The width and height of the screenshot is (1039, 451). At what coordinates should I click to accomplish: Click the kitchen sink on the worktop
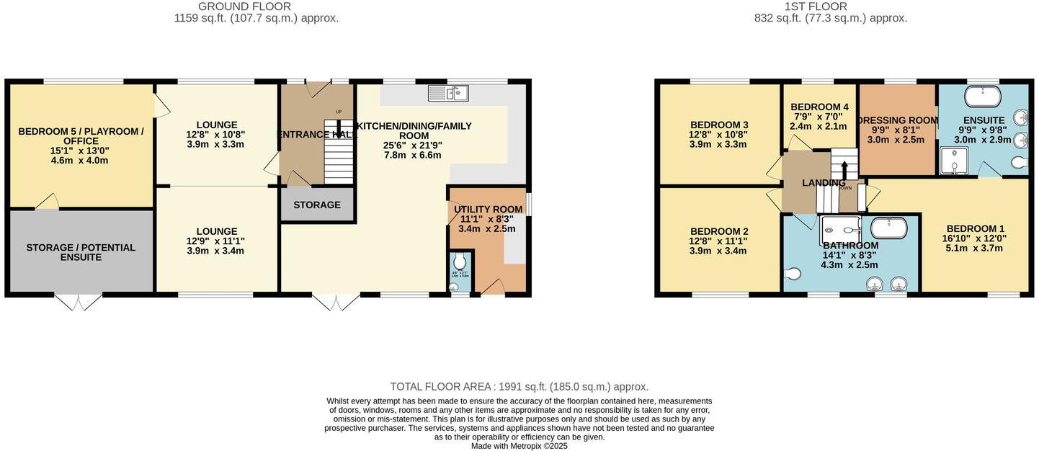tap(447, 92)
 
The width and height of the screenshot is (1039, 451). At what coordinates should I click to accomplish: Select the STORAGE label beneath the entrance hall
tap(317, 205)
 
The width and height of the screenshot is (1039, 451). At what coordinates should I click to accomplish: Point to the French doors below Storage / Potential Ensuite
tap(79, 302)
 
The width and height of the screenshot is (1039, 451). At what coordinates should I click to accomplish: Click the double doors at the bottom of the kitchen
tap(334, 302)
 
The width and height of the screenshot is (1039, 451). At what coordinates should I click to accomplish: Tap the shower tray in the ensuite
tap(953, 161)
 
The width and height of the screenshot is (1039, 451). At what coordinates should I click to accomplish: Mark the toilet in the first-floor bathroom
tap(792, 273)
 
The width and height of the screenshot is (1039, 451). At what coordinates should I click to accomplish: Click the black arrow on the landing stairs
tap(844, 169)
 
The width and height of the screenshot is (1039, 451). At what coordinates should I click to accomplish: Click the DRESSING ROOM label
tap(898, 120)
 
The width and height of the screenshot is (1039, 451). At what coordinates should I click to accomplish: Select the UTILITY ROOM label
tap(488, 210)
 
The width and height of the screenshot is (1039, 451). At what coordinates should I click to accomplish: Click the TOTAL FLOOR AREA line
tap(519, 387)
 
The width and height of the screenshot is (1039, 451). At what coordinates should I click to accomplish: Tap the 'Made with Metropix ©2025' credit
tap(519, 446)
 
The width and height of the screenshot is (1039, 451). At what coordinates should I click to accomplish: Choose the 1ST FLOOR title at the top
tap(830, 6)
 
